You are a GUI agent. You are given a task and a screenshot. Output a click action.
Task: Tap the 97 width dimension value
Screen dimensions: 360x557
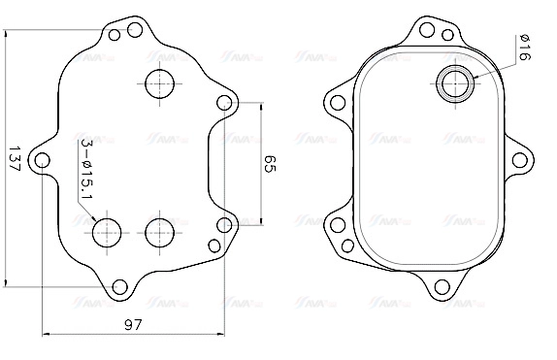(135, 326)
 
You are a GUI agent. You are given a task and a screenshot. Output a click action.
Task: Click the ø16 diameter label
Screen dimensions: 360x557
(523, 49)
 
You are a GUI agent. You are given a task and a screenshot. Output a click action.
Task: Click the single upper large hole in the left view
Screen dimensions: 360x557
(159, 83)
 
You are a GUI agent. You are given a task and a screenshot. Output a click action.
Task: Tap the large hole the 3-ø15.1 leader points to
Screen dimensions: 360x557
(107, 231)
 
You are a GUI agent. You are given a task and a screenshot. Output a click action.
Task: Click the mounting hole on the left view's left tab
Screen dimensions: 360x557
(42, 159)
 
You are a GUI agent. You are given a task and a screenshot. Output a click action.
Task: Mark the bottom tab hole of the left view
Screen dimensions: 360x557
(120, 286)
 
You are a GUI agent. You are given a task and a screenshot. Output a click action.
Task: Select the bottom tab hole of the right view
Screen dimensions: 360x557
(442, 286)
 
